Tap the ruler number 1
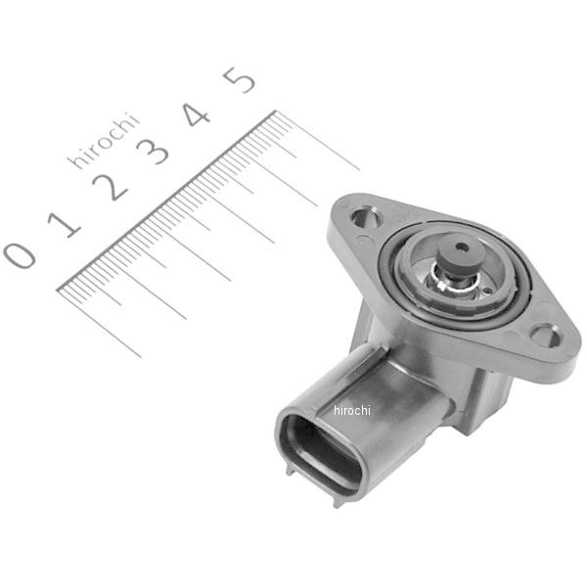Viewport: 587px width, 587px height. pos(67,222)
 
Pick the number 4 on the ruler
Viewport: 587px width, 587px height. pos(197,114)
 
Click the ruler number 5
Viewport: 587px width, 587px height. pos(239,78)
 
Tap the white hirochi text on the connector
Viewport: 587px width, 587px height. pos(352,410)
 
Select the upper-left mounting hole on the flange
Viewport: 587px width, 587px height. pos(366,217)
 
